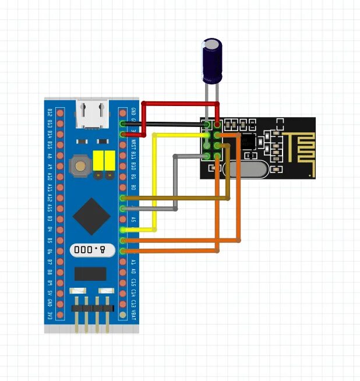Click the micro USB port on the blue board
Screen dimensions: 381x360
pyautogui.click(x=91, y=114)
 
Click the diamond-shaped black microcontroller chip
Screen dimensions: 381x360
pyautogui.click(x=91, y=216)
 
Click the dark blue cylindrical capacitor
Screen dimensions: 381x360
pyautogui.click(x=211, y=60)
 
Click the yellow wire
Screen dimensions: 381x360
pyautogui.click(x=155, y=181)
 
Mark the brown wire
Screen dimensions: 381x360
pyautogui.click(x=175, y=199)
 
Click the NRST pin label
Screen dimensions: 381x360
pyautogui.click(x=133, y=144)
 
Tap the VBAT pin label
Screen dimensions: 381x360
pyautogui.click(x=133, y=314)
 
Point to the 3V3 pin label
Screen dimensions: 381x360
pyautogui.click(x=50, y=315)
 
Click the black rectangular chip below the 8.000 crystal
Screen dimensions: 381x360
pyautogui.click(x=90, y=274)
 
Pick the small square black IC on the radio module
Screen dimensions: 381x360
pyautogui.click(x=248, y=140)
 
